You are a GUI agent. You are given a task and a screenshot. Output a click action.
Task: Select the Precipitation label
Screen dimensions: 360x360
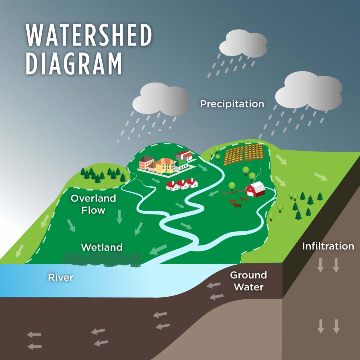click(232, 104)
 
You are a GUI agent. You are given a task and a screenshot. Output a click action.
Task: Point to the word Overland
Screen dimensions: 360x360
click(93, 198)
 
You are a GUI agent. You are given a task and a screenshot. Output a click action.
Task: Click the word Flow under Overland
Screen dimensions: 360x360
click(93, 210)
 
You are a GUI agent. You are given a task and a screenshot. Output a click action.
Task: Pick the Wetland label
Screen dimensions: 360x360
click(102, 247)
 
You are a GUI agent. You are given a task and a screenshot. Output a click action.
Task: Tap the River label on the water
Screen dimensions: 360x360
click(61, 277)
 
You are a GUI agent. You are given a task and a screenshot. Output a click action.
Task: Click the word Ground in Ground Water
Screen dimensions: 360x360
click(248, 275)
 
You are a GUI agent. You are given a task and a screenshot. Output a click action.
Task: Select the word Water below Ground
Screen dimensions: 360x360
click(248, 287)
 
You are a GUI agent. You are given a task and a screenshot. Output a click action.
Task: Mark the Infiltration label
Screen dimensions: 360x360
click(328, 246)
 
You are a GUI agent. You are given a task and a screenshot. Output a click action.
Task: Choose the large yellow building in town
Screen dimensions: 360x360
click(166, 166)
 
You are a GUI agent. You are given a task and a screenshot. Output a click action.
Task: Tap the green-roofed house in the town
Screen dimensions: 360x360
click(182, 164)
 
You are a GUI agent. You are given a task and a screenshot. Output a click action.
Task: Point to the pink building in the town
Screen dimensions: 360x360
click(146, 162)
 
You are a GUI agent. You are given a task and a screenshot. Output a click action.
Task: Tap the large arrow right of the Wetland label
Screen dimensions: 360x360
click(158, 249)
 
